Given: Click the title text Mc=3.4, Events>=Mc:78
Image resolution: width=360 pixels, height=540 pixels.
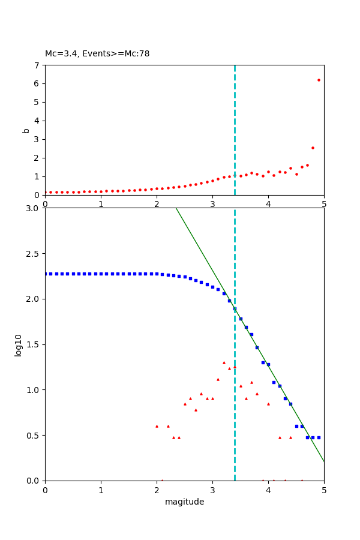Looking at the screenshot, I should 97,54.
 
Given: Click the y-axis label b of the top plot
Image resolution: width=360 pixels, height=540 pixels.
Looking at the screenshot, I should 26,130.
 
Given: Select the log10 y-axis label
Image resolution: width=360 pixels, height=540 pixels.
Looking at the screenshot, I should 19,345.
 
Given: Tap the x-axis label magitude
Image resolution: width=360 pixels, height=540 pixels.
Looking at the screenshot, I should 184,502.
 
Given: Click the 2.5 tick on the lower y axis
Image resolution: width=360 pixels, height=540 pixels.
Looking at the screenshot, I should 33,254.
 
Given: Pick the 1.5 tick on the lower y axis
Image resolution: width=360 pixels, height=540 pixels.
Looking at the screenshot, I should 33,344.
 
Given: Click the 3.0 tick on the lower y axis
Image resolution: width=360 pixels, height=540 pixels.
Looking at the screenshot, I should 33,208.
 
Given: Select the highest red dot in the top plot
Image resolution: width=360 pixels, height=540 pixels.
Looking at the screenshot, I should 319,80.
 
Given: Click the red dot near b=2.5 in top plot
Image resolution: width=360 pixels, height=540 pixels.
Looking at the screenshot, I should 313,148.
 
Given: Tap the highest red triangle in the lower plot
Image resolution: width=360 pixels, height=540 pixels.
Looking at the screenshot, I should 224,362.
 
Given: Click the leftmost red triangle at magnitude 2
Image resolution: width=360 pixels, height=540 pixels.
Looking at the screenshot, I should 157,426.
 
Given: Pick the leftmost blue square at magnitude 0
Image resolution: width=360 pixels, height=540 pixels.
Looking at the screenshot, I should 46,274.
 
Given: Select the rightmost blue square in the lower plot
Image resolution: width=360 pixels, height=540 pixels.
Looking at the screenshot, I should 319,437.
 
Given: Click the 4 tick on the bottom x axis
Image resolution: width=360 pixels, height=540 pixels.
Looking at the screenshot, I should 268,490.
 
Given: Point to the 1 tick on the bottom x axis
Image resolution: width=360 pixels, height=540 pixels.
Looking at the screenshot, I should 101,490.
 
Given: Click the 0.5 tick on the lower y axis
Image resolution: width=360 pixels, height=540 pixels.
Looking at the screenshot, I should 33,435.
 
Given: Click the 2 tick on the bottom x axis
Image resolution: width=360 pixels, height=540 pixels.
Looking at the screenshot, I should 157,490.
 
